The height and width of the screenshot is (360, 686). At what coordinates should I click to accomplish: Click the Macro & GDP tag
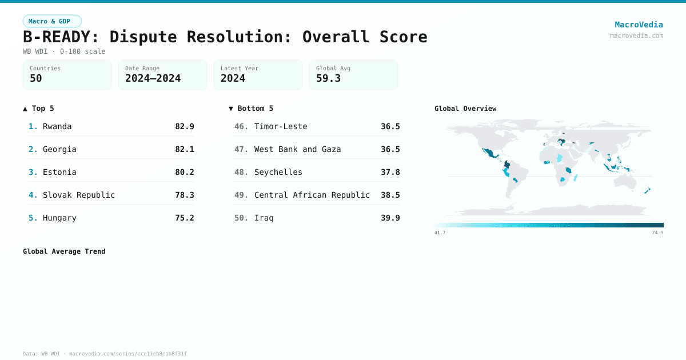[x=52, y=21]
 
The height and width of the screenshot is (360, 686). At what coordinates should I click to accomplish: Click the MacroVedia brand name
[x=639, y=25]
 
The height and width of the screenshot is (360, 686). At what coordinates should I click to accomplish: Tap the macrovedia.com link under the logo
[x=636, y=35]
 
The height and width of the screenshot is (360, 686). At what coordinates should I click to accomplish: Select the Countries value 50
[x=36, y=78]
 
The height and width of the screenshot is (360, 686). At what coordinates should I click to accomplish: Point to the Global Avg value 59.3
[x=328, y=78]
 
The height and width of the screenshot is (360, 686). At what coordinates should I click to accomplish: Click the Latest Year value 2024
[x=233, y=78]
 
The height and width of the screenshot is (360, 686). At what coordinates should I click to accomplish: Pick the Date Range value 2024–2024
[x=153, y=78]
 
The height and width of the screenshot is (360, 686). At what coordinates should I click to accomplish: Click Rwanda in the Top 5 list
[x=57, y=126]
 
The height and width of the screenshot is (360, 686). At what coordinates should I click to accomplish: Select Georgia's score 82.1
[x=184, y=149]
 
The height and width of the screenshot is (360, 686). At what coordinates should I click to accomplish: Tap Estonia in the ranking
[x=59, y=172]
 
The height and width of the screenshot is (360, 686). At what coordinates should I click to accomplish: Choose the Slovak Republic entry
[x=79, y=195]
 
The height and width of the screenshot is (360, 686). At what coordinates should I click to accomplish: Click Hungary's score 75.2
[x=184, y=218]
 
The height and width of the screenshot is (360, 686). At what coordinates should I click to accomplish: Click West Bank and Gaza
[x=297, y=149]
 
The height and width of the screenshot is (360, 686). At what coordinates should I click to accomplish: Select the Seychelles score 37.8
[x=390, y=172]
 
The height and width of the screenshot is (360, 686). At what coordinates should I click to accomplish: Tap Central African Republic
[x=312, y=195]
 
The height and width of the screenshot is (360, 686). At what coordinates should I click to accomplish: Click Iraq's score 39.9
[x=390, y=218]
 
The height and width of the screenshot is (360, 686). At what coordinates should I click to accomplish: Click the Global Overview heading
[x=465, y=109]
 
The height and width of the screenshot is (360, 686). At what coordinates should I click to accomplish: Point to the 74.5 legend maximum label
[x=657, y=233]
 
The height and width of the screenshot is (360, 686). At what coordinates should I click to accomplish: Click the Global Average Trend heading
[x=64, y=251]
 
